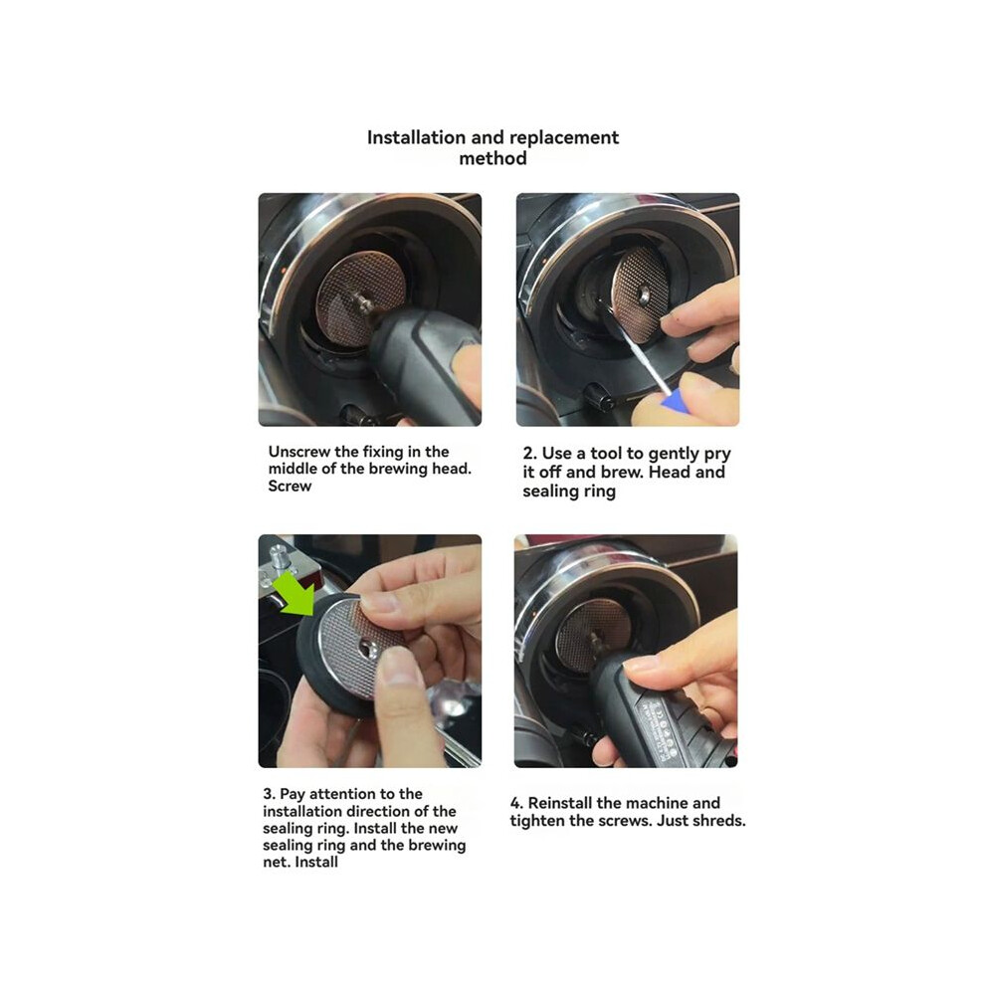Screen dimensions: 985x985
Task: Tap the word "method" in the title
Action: coord(493,157)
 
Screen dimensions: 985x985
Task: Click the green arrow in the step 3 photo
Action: coord(296,590)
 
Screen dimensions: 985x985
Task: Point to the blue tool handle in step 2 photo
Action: coord(674,400)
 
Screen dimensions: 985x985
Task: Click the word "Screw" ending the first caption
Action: coord(290,486)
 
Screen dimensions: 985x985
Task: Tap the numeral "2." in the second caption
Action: coord(529,454)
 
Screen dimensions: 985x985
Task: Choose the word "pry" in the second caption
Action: coord(717,455)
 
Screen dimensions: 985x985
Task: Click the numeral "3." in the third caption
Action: coord(269,794)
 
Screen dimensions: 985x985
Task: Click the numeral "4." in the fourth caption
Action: coord(516,803)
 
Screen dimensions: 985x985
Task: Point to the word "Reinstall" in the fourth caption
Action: coord(560,803)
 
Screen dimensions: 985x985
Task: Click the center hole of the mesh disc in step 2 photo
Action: coord(645,293)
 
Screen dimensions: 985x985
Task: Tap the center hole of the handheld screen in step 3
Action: coord(367,647)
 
